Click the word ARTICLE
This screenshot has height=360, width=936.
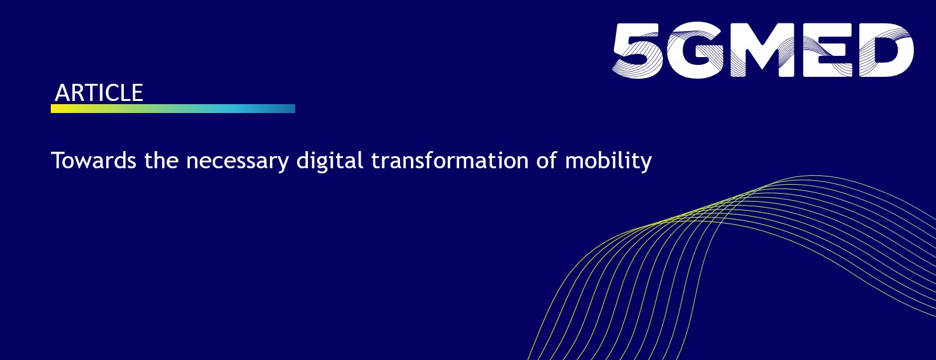[x=98, y=93]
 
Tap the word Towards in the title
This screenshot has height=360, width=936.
[x=93, y=161]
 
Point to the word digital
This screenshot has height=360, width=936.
[x=330, y=161]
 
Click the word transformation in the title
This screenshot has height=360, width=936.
[x=450, y=161]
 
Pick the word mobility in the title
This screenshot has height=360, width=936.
[x=608, y=161]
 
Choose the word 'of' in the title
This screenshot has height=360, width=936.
[x=547, y=160]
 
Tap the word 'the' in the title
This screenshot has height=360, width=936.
[x=162, y=160]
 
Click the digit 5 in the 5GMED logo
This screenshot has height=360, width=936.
[x=638, y=51]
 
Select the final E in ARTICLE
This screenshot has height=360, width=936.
[x=137, y=93]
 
